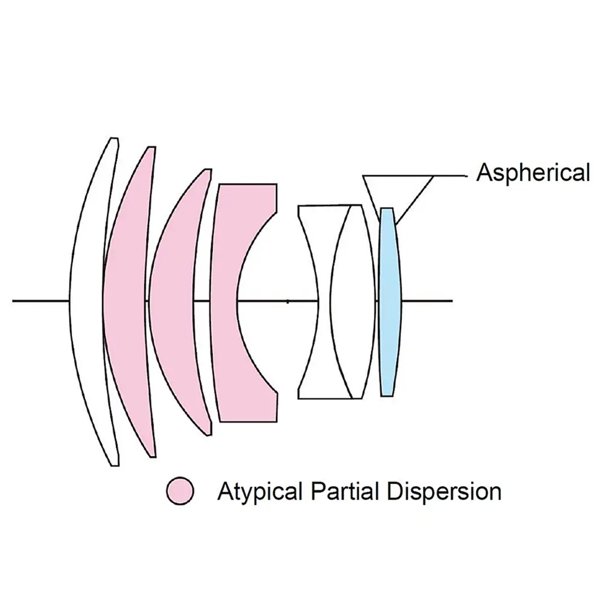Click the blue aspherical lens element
[x=390, y=302]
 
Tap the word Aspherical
[x=533, y=173]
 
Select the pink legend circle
[x=179, y=491]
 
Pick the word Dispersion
[x=443, y=492]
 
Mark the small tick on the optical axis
[x=288, y=300]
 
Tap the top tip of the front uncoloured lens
[x=113, y=140]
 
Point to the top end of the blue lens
[x=387, y=209]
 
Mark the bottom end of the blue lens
[x=387, y=395]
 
